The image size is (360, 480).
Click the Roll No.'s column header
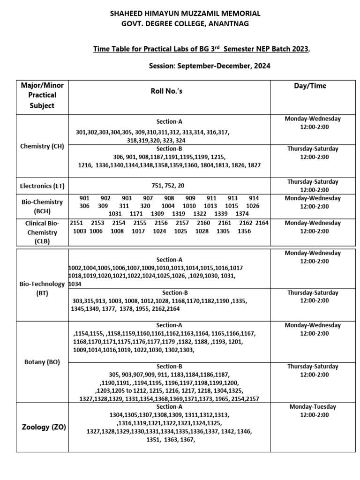pos(166,91)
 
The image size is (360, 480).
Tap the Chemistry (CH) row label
pos(42,146)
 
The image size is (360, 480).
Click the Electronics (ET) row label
pos(42,186)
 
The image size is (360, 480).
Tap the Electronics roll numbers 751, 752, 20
pos(168,186)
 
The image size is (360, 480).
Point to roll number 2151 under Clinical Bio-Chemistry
pos(76,223)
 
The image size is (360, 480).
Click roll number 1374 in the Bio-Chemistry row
pos(242,214)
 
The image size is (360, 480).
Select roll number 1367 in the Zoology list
pos(187,440)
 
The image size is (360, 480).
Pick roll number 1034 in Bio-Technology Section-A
pos(75,284)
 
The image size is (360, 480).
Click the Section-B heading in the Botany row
pos(169,366)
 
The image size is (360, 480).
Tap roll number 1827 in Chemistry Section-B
pos(253,165)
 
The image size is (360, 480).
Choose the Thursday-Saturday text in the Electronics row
pos(313,181)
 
